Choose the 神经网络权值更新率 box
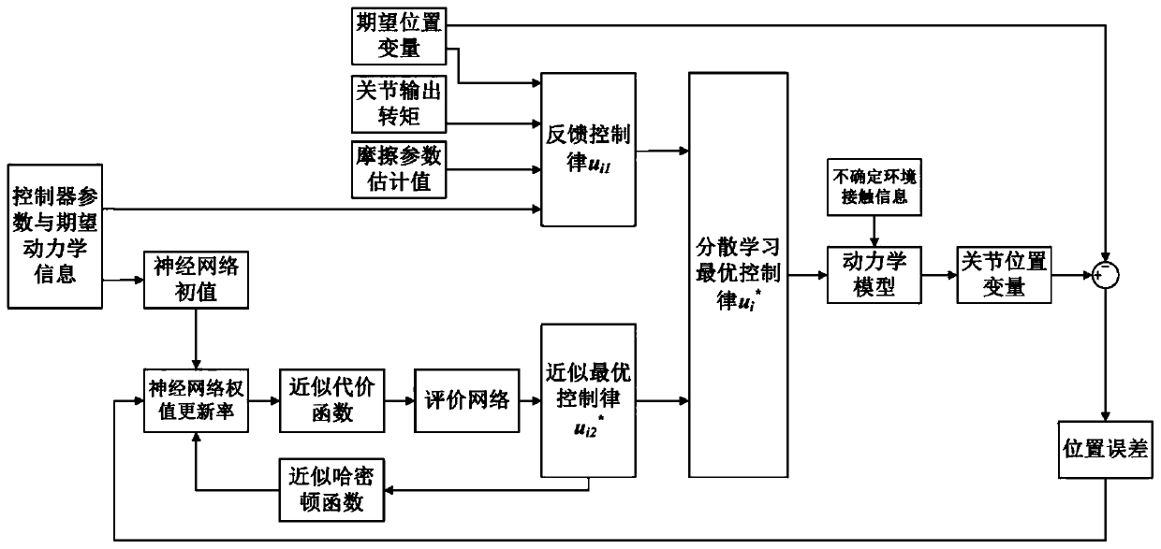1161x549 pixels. (x=196, y=400)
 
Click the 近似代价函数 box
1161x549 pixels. (x=326, y=400)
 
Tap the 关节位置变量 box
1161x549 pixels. (x=1004, y=274)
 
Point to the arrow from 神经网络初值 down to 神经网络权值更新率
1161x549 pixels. (x=196, y=339)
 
